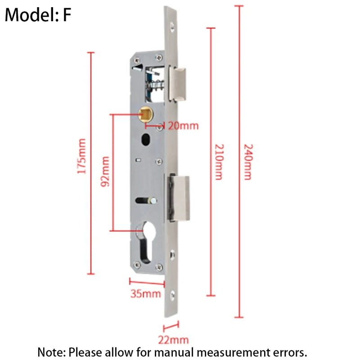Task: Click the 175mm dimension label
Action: [81, 156]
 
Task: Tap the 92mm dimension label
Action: [105, 171]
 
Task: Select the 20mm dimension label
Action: [183, 126]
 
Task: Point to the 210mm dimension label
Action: [219, 162]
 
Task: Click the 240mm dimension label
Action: [248, 162]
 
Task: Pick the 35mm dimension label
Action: [145, 294]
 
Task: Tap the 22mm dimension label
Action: [173, 340]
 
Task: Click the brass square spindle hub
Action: [146, 114]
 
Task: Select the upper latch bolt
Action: [177, 84]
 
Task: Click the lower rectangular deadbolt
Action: [179, 198]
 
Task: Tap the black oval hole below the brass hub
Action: [146, 139]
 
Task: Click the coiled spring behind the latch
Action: [156, 86]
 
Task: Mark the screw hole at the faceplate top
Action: [172, 27]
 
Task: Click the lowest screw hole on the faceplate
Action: [172, 295]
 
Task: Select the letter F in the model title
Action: [67, 15]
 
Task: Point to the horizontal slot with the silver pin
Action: [146, 201]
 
